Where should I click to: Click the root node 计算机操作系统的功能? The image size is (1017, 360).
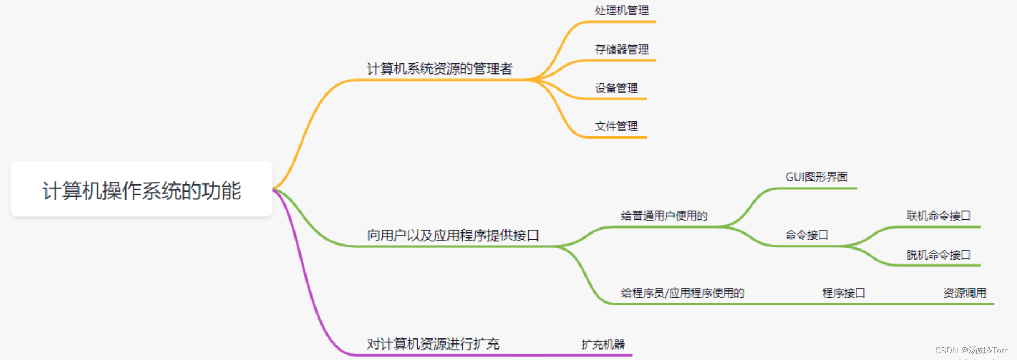pos(141,190)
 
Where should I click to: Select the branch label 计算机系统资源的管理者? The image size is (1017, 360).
pos(440,68)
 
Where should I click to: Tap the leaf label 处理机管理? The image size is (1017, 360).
pos(621,10)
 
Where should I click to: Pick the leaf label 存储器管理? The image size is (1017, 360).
pos(621,49)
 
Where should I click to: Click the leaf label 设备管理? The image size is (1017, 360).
pos(616,88)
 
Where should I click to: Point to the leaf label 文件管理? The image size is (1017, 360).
pos(616,126)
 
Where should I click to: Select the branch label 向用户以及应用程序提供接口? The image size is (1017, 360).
pos(453,235)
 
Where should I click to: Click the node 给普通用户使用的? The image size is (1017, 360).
pos(664,216)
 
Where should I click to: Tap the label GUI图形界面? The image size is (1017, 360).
pos(816,177)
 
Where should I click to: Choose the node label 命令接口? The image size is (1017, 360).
pos(807,235)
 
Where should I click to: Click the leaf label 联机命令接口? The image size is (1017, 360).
pos(938,216)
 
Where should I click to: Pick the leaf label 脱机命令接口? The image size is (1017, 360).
pos(938,255)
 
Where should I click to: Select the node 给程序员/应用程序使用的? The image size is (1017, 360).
pos(683,293)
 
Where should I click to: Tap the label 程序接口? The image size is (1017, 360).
pos(844,293)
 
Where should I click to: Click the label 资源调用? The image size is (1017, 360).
pos(965,293)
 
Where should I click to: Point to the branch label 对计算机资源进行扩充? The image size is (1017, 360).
pos(433,344)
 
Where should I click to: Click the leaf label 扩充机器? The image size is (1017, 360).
pos(603,345)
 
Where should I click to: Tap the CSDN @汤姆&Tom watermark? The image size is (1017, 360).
pos(972,351)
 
